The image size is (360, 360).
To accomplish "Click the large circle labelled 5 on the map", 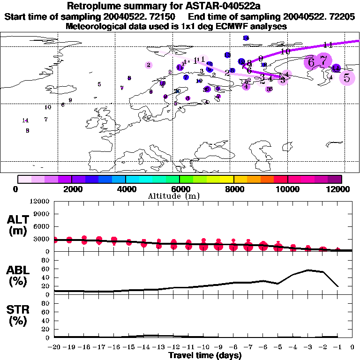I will coord(347,78).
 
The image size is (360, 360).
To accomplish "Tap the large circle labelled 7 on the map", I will coord(323,60).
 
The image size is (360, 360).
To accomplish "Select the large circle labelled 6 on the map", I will coord(311,62).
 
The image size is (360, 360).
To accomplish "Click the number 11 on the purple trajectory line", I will coord(328,45).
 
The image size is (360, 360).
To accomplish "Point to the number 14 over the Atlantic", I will coord(25,120).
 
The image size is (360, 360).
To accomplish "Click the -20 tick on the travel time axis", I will coord(55,348).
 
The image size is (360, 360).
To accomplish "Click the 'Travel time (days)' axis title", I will coord(205,356).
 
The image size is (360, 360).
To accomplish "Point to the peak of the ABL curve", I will coord(308,270).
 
